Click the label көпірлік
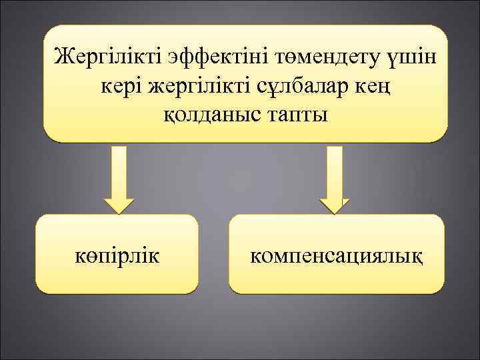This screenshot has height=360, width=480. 117,255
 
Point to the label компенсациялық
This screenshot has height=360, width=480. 337,255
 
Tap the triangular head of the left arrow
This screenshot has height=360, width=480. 118,204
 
